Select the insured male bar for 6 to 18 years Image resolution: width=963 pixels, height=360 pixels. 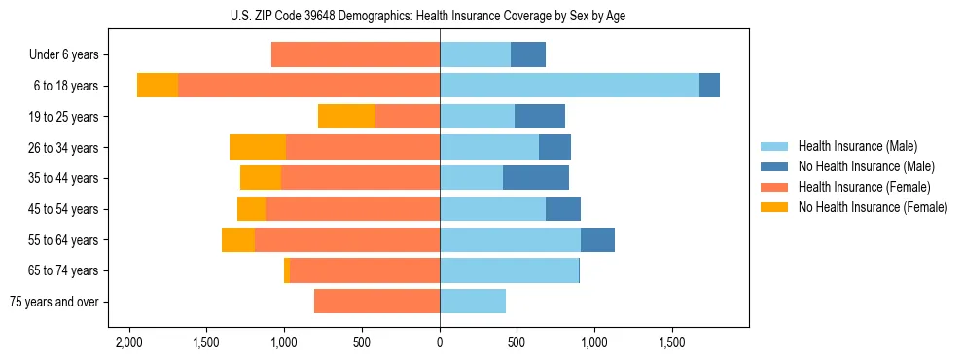pos(569,86)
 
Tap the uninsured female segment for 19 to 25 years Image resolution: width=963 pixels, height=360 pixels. pos(346,117)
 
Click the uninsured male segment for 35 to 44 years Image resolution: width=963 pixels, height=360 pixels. pos(536,178)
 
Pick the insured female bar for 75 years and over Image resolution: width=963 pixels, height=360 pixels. pos(376,302)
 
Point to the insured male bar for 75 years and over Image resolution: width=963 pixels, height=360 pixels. pos(473,302)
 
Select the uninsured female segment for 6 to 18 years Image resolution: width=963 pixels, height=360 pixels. pos(158,86)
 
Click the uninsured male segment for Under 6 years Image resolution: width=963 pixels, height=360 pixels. pos(528,55)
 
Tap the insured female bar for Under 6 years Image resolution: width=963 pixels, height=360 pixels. pos(355,55)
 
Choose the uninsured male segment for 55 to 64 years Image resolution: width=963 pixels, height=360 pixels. pos(597,240)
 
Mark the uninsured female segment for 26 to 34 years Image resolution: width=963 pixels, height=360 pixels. pos(258,148)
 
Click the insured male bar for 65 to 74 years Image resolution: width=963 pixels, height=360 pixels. pos(509,270)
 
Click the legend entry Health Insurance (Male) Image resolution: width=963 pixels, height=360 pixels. pos(857,146)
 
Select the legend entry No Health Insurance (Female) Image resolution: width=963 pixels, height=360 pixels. pos(873,207)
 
